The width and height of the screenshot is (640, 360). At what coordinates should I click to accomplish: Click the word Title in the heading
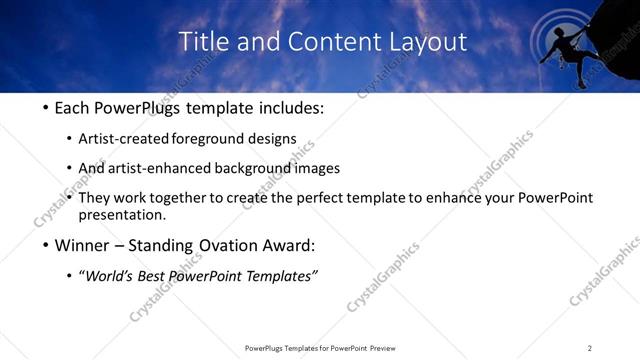coord(201,42)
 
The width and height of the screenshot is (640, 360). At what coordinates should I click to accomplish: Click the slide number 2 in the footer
coord(590,348)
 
